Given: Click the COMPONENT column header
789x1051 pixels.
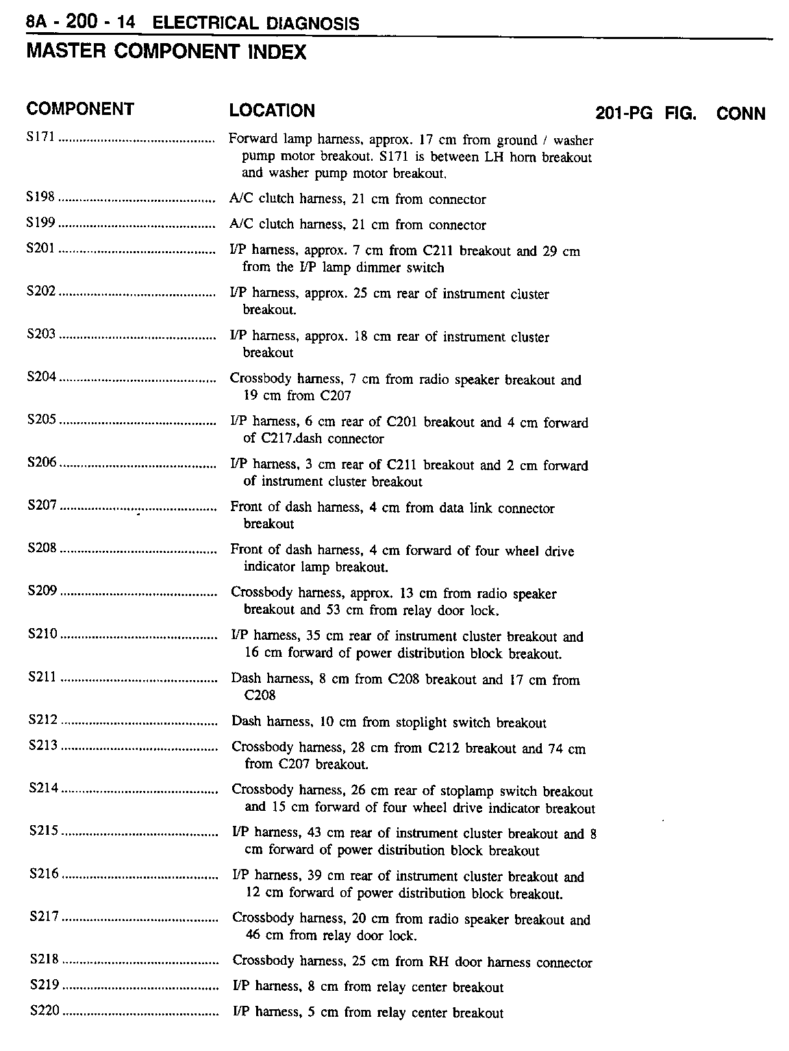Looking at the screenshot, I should tap(80, 109).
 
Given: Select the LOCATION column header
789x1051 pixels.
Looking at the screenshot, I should tap(272, 111).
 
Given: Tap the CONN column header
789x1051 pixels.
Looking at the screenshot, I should tap(740, 114).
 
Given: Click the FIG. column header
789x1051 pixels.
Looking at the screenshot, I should tap(680, 114).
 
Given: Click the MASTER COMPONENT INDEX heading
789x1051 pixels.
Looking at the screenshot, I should tap(166, 51).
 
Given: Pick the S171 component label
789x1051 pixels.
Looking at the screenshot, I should tap(40, 138).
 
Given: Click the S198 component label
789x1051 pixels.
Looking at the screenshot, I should tap(40, 198).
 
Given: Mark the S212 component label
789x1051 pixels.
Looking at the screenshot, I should tap(43, 720).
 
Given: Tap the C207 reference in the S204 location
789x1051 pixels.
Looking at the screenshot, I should tap(336, 395).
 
